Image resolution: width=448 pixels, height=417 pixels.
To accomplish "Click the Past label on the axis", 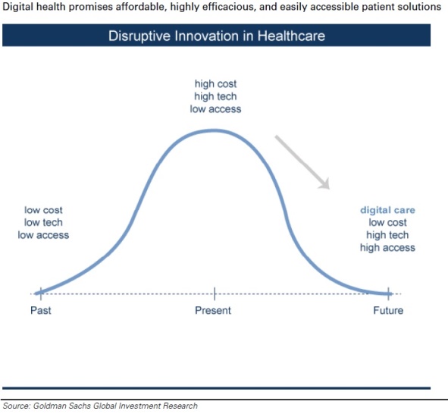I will (40, 311).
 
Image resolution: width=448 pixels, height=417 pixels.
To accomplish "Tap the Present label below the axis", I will (213, 311).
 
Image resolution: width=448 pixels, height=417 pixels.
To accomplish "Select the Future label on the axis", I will (387, 311).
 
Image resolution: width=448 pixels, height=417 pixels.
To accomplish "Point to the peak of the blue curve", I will (215, 130).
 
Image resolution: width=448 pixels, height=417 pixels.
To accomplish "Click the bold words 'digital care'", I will (387, 210).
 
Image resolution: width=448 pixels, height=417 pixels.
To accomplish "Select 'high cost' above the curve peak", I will (215, 84).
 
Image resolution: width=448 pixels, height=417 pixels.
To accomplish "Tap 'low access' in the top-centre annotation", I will (215, 108).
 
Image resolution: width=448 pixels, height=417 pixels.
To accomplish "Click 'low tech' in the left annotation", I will (43, 222).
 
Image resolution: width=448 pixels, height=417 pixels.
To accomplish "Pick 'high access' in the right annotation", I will (387, 247).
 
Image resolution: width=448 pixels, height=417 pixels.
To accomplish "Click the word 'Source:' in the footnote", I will (17, 406).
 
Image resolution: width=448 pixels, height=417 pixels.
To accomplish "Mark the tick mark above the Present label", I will (215, 293).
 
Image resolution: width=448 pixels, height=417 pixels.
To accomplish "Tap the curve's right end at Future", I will (388, 293).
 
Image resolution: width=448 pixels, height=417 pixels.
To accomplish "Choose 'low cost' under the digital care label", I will (387, 222).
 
